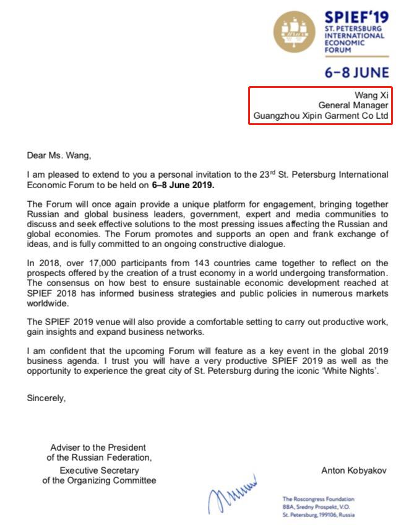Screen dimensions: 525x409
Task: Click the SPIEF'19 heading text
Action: [356, 17]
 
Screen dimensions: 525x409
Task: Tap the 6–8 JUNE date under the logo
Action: [357, 72]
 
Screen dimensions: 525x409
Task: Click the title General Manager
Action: [353, 105]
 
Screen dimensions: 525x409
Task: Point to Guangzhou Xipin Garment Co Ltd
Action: [321, 116]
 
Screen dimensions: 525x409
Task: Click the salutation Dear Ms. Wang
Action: [59, 155]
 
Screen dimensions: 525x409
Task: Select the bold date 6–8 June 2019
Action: [183, 184]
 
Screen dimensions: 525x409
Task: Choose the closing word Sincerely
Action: [46, 398]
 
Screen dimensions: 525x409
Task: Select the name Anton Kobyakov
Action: [355, 471]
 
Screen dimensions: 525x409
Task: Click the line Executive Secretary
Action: [99, 470]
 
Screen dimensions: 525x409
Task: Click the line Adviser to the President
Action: [99, 448]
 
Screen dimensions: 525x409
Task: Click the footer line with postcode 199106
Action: [318, 514]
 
